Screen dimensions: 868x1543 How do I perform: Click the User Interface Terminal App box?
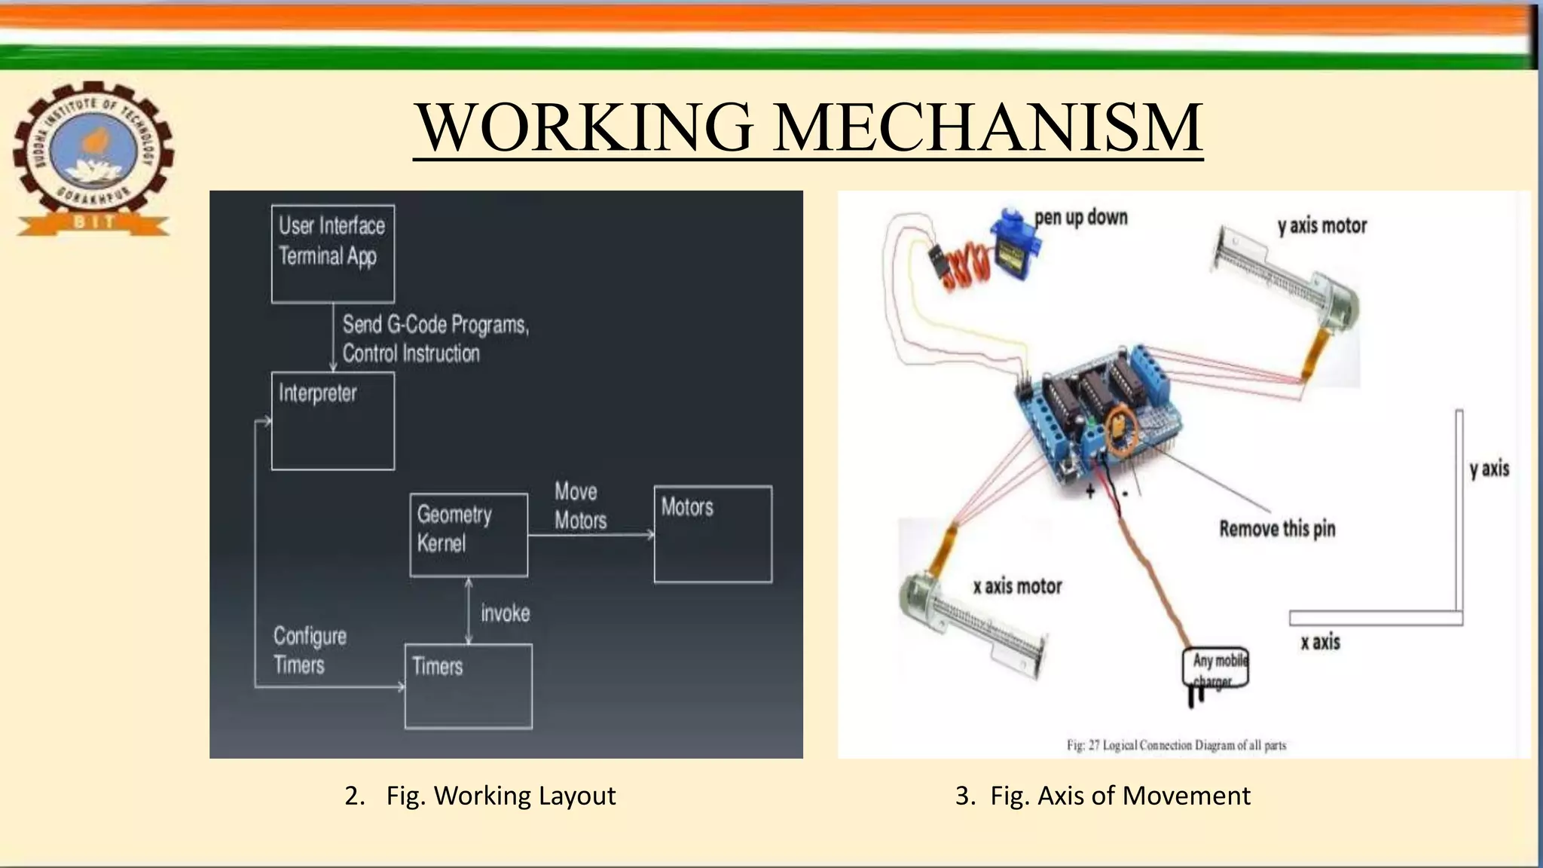(332, 253)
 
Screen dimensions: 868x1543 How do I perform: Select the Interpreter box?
(332, 420)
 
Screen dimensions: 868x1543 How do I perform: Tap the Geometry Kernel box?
(468, 534)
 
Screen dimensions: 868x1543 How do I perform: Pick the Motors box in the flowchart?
(712, 533)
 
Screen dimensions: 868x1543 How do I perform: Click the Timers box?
(468, 686)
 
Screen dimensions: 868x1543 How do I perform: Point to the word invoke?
(505, 613)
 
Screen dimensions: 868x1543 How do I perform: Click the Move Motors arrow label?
(580, 506)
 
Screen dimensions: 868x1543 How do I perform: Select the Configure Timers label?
(310, 650)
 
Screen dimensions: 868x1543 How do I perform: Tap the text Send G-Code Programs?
(435, 325)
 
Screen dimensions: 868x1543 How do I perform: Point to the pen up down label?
(1080, 217)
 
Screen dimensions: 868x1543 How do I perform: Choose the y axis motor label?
(1321, 225)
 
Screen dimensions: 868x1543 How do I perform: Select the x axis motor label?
(1017, 586)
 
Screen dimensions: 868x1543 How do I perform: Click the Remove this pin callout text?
(1277, 529)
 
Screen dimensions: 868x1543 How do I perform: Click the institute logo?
(93, 158)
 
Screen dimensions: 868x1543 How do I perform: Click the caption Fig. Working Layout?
(500, 796)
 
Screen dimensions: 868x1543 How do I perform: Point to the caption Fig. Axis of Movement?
(1120, 796)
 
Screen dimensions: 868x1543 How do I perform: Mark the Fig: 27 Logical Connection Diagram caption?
(1176, 745)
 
